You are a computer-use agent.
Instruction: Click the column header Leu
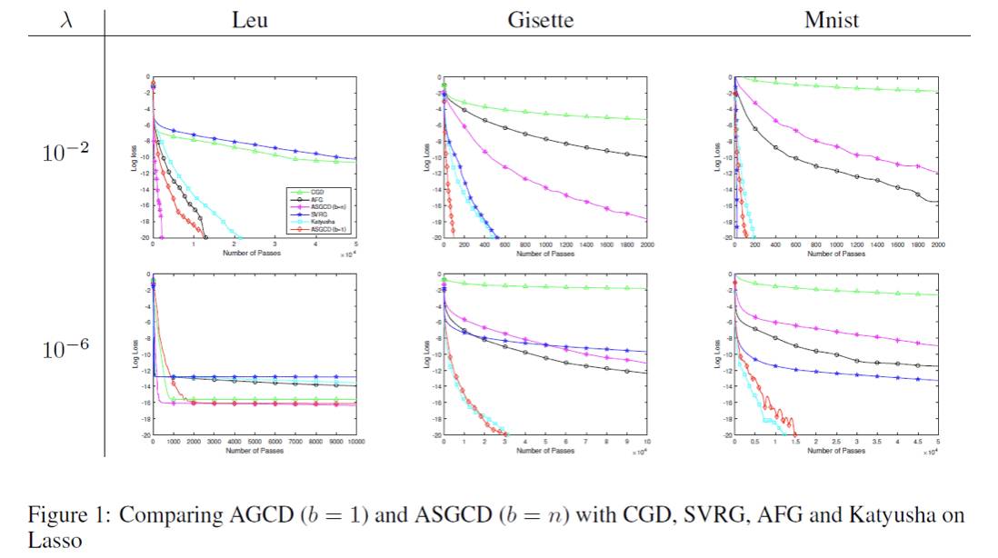coord(250,19)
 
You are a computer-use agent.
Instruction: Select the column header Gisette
coord(540,19)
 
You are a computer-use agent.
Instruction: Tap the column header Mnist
coord(832,19)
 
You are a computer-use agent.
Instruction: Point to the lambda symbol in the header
coord(65,19)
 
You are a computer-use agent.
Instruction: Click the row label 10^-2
coord(65,153)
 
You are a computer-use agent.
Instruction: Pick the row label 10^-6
coord(65,349)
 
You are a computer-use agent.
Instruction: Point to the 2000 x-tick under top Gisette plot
coord(646,245)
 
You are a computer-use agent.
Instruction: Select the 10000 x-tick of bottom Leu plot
coord(354,442)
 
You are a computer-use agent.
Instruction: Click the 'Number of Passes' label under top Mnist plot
coord(836,254)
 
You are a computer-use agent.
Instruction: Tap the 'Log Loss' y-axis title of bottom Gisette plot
coord(425,354)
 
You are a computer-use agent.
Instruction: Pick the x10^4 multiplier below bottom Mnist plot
coord(930,451)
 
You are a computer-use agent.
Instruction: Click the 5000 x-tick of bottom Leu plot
coord(254,442)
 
